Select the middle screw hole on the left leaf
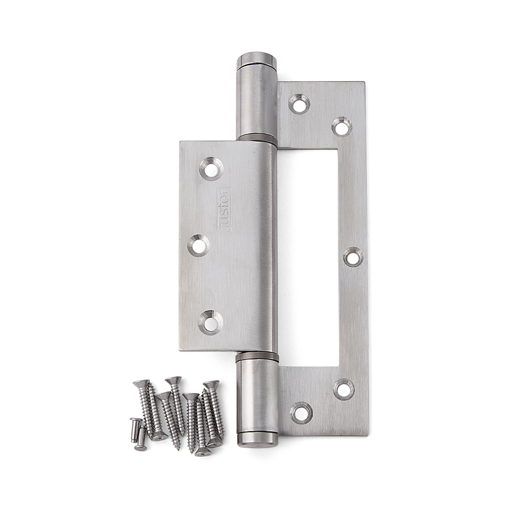point(199,246)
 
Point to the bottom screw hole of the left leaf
point(210,321)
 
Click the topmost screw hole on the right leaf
point(299,104)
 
